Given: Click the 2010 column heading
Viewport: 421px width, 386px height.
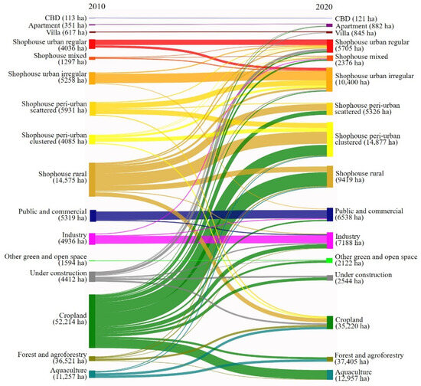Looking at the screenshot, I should [x=97, y=5].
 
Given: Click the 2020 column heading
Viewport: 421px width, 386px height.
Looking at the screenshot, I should [x=327, y=5].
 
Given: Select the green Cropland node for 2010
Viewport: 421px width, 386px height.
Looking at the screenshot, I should [x=92, y=319].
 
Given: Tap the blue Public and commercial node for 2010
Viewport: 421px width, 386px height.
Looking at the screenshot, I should [x=92, y=215].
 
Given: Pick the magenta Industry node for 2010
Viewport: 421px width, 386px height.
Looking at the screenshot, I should [x=92, y=239].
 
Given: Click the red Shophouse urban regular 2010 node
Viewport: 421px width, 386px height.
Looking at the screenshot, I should [x=92, y=44].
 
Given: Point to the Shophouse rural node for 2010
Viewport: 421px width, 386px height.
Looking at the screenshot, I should [x=92, y=179].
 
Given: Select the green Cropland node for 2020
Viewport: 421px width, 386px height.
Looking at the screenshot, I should [x=330, y=322].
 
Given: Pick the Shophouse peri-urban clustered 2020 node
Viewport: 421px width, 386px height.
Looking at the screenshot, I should [x=330, y=138].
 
